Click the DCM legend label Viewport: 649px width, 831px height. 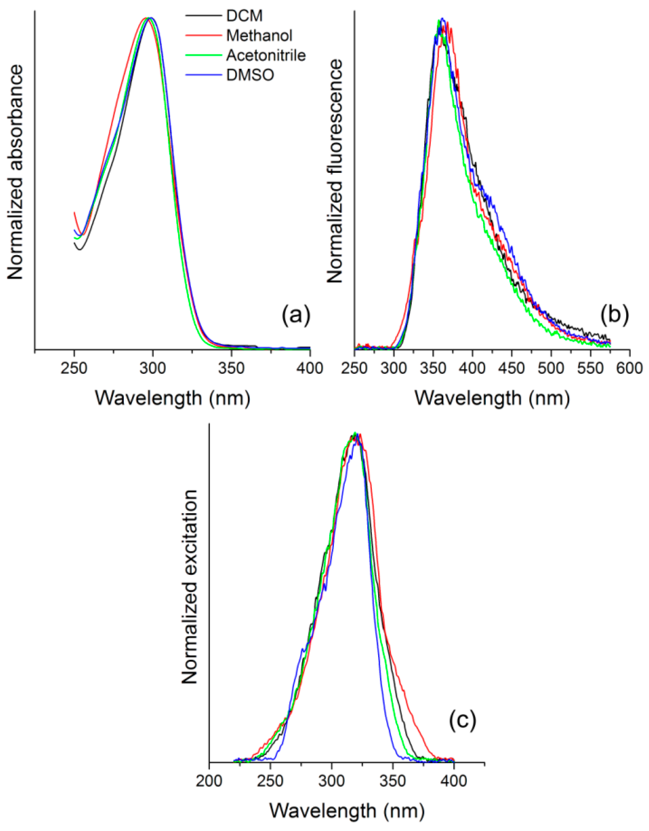point(245,16)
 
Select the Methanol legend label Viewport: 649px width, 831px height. point(259,36)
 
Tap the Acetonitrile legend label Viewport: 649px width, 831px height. point(266,55)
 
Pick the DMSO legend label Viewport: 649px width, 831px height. point(250,76)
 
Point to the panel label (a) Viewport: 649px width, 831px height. point(296,315)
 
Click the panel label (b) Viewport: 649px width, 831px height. point(614,315)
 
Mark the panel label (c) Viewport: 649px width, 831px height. point(463,720)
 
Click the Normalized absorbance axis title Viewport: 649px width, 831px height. point(15,172)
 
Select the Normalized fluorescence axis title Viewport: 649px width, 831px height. point(335,172)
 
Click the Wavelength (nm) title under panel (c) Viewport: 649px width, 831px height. point(347,811)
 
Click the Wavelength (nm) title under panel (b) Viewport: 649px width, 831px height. point(492,398)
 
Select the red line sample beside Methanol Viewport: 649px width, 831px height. point(204,36)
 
